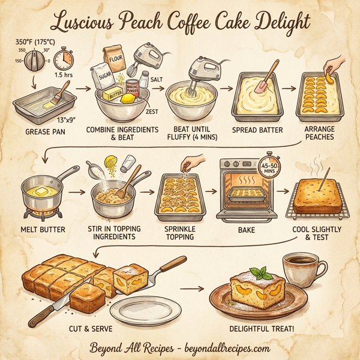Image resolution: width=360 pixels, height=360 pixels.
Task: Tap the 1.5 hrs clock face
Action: [x=62, y=61]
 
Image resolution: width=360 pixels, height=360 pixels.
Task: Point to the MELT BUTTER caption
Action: [x=46, y=229]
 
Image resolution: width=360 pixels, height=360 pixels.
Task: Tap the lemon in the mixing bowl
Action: [x=128, y=100]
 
